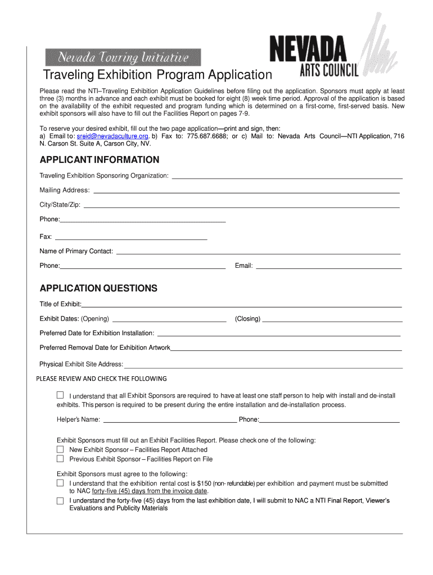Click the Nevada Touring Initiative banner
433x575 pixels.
pos(124,57)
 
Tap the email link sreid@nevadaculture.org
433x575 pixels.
pos(112,136)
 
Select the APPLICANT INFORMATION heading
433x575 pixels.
pos(100,159)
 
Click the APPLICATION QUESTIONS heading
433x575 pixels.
pos(98,288)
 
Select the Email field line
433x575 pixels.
pos(328,268)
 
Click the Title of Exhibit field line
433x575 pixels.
pos(242,307)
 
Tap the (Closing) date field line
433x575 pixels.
pos(332,321)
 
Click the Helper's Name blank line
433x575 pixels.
pos(169,421)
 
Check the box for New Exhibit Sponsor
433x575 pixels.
pos(60,450)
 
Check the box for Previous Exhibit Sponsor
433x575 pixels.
pos(60,459)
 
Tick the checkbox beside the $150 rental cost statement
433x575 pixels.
pos(60,483)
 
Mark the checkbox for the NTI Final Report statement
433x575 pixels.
pos(60,500)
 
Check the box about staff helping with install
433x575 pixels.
pos(60,395)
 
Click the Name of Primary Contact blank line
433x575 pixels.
pos(258,253)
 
